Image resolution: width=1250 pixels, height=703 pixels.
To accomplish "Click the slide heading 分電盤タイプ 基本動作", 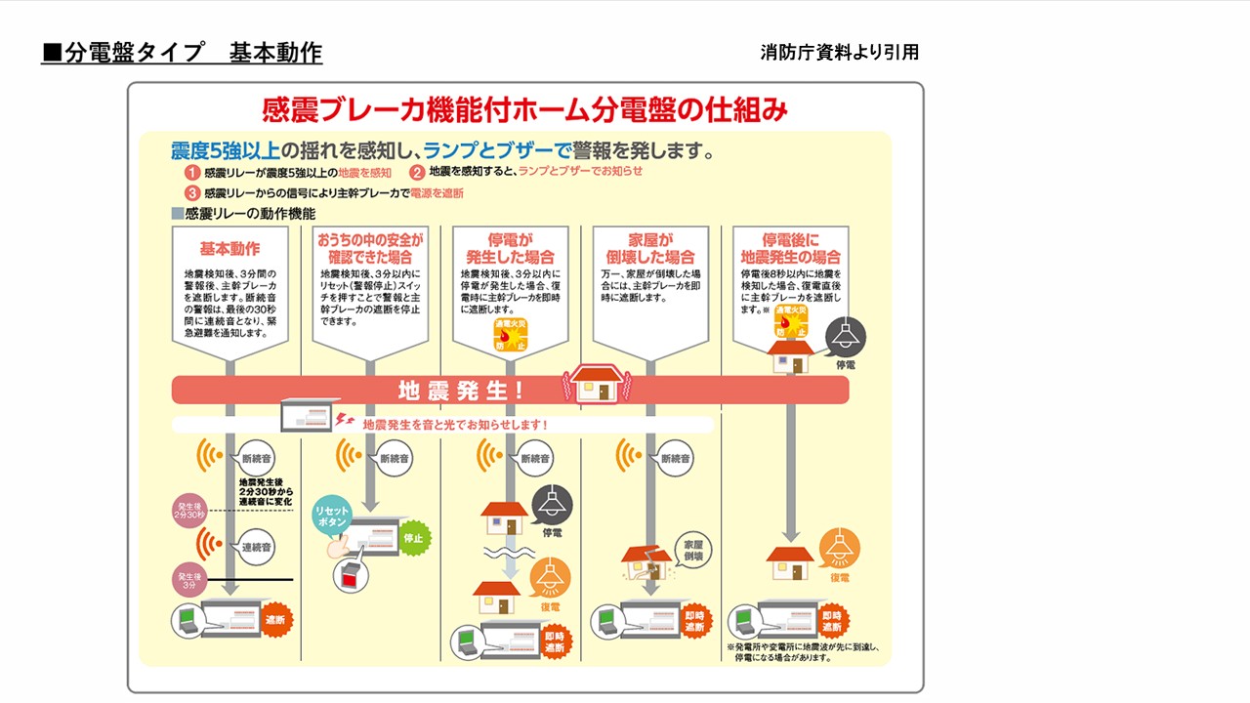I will [182, 53].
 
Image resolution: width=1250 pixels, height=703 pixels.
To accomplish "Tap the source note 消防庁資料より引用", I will [839, 53].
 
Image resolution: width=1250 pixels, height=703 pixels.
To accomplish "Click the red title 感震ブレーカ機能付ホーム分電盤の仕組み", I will [524, 109].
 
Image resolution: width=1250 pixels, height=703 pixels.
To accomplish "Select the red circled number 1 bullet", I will [193, 173].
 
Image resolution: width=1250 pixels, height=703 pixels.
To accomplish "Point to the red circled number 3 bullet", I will [193, 193].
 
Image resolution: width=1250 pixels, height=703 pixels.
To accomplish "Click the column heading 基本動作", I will [229, 248].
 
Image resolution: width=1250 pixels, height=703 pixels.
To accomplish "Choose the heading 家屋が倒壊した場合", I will [650, 248].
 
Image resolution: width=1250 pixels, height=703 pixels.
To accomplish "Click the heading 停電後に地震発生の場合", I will [790, 248].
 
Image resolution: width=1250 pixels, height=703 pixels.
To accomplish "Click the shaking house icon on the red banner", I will [595, 385].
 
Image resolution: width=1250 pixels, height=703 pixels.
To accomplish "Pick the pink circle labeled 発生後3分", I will [188, 579].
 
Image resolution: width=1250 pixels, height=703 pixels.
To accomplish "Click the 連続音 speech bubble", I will [258, 547].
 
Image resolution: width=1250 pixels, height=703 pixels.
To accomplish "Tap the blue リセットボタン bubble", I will [333, 517].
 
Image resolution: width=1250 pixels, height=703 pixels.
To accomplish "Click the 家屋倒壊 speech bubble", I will [692, 549].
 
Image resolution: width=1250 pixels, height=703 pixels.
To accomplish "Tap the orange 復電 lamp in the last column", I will [839, 549].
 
